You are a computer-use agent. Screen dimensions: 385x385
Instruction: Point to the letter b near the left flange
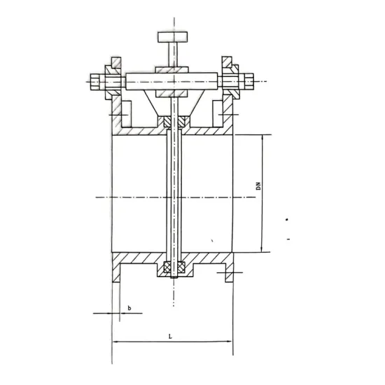129,307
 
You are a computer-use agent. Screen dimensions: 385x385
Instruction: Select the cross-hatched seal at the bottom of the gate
173,268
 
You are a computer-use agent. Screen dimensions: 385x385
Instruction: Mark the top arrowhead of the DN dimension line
261,138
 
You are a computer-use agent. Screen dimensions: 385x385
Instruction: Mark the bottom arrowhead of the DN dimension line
261,249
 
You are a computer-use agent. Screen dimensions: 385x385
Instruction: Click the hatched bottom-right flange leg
228,274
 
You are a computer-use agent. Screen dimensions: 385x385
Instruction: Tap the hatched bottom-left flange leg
116,274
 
